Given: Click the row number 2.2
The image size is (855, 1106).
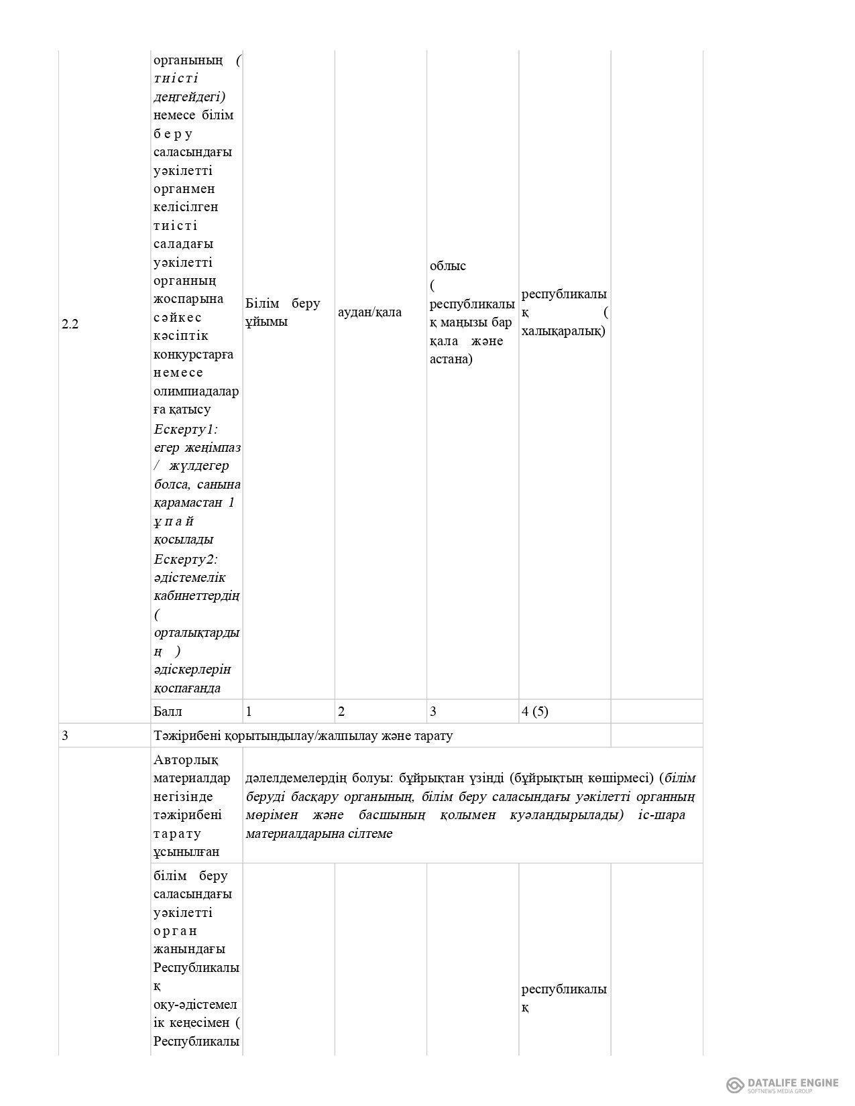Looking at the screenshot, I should (x=70, y=324).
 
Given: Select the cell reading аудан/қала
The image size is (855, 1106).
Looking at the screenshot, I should (x=369, y=312).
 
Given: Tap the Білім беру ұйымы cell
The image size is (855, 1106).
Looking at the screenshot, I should (x=282, y=312).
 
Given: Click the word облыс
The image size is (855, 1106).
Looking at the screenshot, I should (x=448, y=265).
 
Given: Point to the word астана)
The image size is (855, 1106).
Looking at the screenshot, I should (x=451, y=359).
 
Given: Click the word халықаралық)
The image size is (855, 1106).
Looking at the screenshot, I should (x=563, y=330).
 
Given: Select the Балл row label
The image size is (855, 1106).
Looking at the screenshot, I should (x=168, y=711).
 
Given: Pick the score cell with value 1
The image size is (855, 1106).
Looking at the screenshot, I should (x=249, y=711).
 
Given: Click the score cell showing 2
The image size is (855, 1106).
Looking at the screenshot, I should (x=341, y=711).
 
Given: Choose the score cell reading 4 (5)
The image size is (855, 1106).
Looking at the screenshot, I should (x=534, y=711).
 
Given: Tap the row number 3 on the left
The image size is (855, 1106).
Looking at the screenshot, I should (x=65, y=735).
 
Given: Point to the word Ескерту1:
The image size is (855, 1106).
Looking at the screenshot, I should (x=186, y=428).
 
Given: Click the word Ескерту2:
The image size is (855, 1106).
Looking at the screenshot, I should (x=186, y=559).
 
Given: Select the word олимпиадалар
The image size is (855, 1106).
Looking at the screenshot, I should (x=196, y=391).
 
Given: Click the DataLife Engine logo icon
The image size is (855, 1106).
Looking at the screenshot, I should (x=735, y=1085).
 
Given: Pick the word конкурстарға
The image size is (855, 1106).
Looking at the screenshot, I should (x=193, y=354).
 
